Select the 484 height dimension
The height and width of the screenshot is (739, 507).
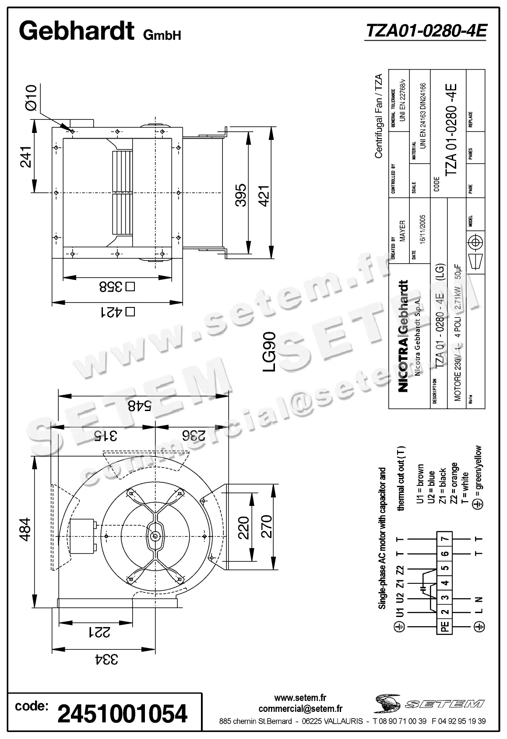(x=25, y=529)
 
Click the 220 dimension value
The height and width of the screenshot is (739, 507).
(x=243, y=527)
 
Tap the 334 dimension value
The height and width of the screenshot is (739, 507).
(x=104, y=659)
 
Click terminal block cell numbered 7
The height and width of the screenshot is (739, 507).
(x=445, y=539)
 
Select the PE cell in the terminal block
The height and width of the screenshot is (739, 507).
(x=445, y=627)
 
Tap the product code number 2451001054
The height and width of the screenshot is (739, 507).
(x=123, y=713)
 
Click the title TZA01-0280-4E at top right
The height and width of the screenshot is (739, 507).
(x=426, y=31)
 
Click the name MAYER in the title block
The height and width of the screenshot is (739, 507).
(x=402, y=231)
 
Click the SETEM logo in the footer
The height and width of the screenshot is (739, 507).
(x=429, y=704)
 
